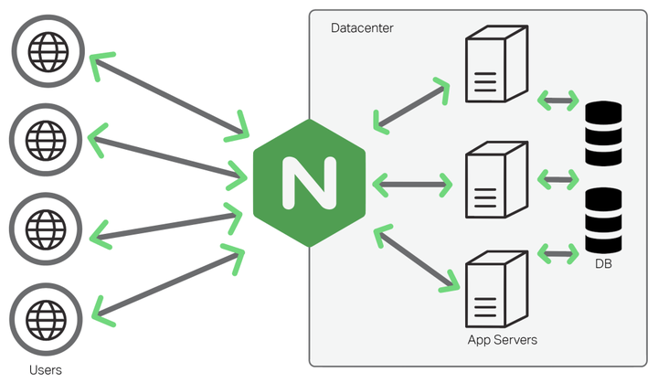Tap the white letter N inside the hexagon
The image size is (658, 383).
[309, 183]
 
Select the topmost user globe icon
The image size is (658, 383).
[46, 48]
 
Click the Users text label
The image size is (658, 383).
[46, 369]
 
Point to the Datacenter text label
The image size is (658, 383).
[362, 28]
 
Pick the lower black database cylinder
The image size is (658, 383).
[602, 221]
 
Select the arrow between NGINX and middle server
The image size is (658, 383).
[413, 185]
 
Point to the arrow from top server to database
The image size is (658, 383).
[558, 98]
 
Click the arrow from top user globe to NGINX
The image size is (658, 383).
[169, 96]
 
